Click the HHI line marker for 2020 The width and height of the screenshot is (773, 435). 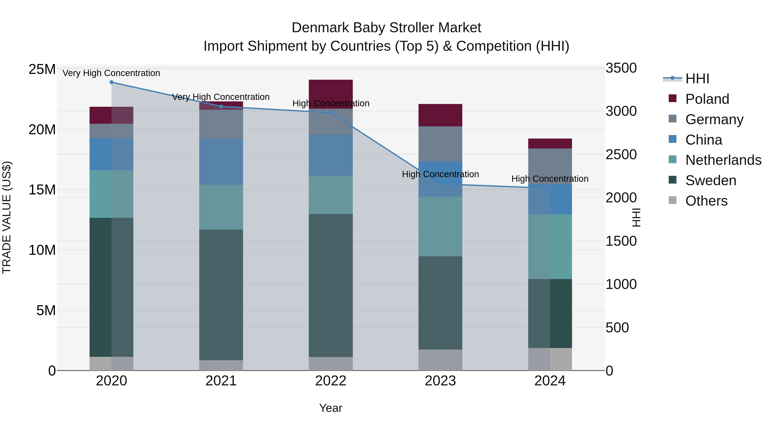pyautogui.click(x=111, y=82)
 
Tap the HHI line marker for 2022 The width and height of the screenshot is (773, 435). pyautogui.click(x=330, y=113)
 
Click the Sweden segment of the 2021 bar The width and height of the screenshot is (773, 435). pyautogui.click(x=221, y=295)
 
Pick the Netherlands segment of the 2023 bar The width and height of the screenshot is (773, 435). pyautogui.click(x=440, y=226)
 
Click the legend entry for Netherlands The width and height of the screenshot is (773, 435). pyautogui.click(x=723, y=160)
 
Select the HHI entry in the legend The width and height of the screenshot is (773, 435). pyautogui.click(x=697, y=79)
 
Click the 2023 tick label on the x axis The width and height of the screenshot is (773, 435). pyautogui.click(x=440, y=381)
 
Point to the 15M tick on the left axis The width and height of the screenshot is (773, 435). pyautogui.click(x=42, y=190)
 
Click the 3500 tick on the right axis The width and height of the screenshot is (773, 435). pyautogui.click(x=621, y=68)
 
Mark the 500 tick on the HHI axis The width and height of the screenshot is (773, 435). pyautogui.click(x=617, y=328)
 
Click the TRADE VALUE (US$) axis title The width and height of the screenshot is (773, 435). pyautogui.click(x=7, y=217)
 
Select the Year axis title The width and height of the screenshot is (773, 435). pyautogui.click(x=330, y=408)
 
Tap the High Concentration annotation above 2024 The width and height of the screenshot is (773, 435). pyautogui.click(x=549, y=179)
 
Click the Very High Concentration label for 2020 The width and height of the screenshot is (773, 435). pyautogui.click(x=111, y=73)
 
